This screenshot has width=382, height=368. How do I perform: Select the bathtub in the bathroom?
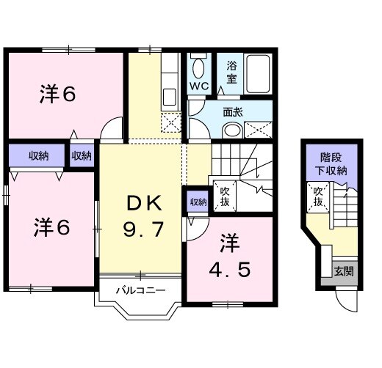click(x=258, y=74)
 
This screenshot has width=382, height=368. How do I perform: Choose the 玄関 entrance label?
click(x=343, y=271)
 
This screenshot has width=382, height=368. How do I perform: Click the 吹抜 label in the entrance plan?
click(x=318, y=196)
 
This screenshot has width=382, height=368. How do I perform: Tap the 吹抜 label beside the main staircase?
click(x=225, y=196)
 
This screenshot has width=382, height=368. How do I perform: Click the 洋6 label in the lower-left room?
click(x=50, y=227)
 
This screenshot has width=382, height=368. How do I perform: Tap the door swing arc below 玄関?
click(x=345, y=301)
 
